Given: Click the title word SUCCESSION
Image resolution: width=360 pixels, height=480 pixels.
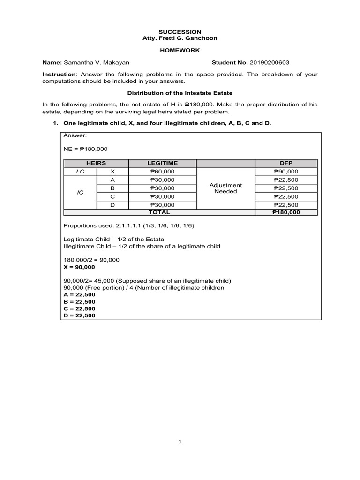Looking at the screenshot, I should point(180,32).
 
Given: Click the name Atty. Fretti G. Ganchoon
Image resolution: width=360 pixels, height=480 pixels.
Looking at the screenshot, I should point(180,38).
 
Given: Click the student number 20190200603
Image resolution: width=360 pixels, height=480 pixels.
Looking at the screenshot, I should point(267,63).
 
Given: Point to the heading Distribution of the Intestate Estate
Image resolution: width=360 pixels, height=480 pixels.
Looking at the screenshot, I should point(180,93).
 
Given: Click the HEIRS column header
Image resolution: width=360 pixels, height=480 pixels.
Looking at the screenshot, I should point(96,163).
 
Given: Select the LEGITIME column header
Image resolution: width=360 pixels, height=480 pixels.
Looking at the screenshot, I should point(162,163).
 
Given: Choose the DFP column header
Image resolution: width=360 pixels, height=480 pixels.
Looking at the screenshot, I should point(285,163).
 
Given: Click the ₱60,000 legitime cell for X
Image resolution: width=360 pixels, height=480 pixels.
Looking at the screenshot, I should point(162,172).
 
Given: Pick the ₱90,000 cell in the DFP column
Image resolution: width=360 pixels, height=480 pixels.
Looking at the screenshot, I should point(285,172).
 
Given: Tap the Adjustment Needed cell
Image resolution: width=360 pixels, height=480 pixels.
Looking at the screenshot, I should point(225,188).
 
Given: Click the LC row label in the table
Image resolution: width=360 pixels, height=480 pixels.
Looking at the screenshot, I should point(80,172).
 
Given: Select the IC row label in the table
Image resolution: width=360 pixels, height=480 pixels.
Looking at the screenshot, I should point(80,193).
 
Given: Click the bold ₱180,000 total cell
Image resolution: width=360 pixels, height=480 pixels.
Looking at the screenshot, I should point(285,212).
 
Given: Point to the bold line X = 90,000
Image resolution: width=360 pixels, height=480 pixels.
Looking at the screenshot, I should point(79,267).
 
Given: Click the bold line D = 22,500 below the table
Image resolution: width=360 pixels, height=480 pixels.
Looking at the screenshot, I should point(79,315).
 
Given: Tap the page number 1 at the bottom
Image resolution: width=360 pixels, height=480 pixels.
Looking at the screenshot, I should point(180,442).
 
